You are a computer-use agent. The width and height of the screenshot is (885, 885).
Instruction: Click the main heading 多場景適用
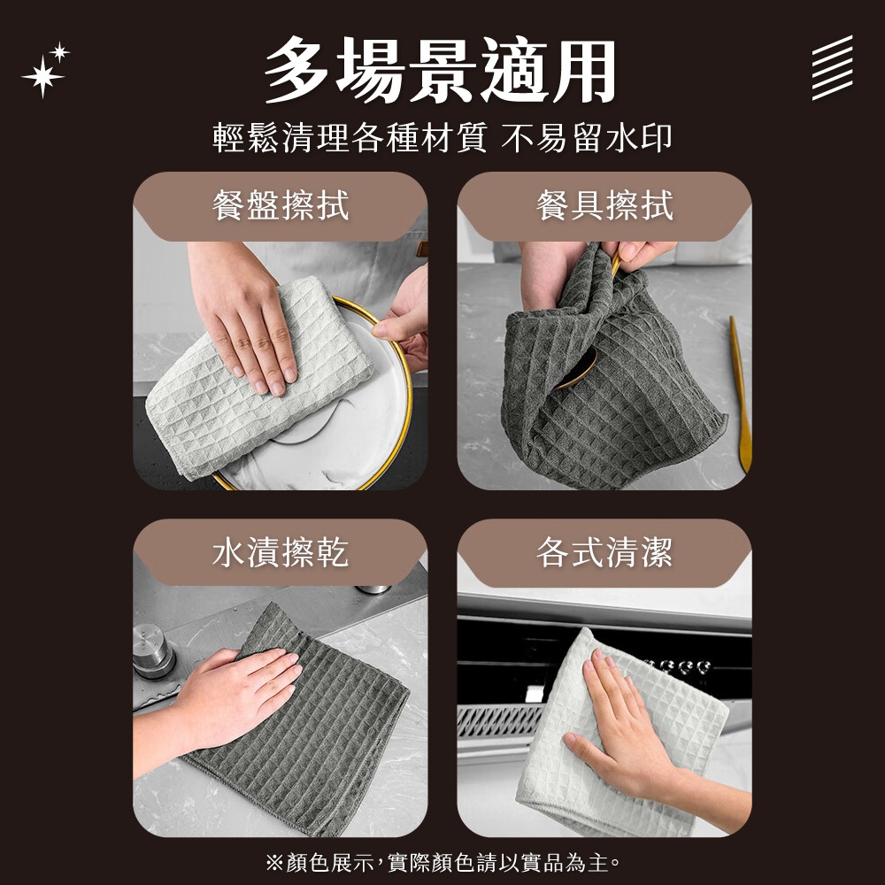441,70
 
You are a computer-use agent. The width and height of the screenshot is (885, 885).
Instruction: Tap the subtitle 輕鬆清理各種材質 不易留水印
442,138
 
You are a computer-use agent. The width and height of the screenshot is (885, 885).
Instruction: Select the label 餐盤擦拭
281,205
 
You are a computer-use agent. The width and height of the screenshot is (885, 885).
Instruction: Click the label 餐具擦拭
604,205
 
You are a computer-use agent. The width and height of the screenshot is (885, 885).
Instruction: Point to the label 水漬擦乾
281,552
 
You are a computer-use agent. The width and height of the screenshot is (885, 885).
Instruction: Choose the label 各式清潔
604,552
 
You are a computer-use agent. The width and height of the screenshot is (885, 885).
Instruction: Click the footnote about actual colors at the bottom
443,862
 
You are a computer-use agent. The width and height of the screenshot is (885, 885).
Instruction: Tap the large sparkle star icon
42,77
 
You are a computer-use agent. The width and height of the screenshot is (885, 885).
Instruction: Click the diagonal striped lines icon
833,68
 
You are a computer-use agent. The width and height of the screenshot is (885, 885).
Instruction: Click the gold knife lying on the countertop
741,394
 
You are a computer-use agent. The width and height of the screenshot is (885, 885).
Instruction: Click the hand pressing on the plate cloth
244,316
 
